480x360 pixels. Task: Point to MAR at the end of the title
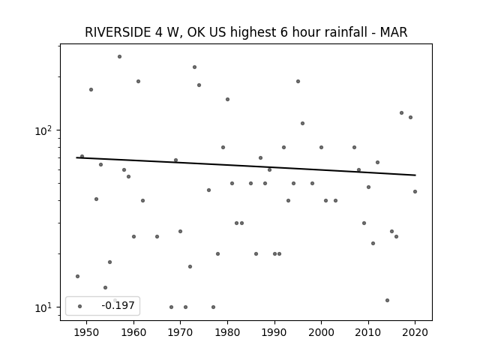click(x=394, y=32)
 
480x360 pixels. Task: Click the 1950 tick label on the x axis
click(x=87, y=332)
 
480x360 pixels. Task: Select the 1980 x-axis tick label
click(x=227, y=332)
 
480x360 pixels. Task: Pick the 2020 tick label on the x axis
click(x=415, y=332)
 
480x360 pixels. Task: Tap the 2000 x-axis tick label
click(x=321, y=332)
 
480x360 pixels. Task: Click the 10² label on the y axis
click(x=43, y=130)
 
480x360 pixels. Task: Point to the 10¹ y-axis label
click(x=43, y=307)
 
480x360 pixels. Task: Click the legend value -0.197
click(x=118, y=305)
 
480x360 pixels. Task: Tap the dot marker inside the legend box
click(x=80, y=307)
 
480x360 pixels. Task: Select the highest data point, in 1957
click(x=120, y=57)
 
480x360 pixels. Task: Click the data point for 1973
click(x=195, y=67)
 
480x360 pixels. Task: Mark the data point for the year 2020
click(x=415, y=192)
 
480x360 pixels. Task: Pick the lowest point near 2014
click(x=387, y=300)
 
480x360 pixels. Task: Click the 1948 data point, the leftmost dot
click(x=77, y=277)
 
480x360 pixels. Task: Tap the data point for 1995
click(x=298, y=82)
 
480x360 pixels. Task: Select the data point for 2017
click(x=402, y=113)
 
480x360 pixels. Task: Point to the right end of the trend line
click(x=415, y=175)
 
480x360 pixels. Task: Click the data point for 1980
click(x=227, y=100)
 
